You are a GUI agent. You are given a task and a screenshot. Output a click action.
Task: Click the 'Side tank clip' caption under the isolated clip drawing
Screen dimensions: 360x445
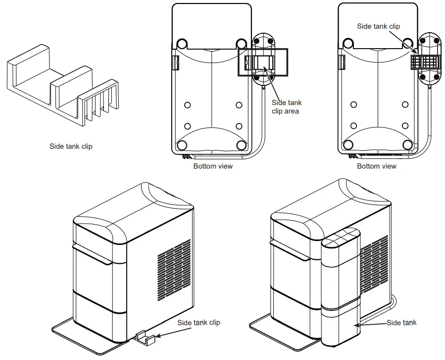71,146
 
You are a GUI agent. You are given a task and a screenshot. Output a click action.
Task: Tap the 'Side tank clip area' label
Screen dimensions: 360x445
287,107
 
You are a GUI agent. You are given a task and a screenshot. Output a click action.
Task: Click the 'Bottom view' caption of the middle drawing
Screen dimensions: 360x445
213,166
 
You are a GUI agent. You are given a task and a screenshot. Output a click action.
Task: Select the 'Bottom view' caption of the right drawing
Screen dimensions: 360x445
377,166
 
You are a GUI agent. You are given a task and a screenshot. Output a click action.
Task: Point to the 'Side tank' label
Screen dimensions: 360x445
401,323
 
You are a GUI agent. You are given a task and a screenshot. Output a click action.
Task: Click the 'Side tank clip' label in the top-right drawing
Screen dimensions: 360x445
379,26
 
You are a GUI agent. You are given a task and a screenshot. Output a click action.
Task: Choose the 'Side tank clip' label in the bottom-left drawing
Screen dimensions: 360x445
199,323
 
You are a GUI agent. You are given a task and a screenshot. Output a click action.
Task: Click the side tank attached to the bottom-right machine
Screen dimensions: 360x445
342,293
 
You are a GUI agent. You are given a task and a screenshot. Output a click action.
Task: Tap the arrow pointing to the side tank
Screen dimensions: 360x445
371,324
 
